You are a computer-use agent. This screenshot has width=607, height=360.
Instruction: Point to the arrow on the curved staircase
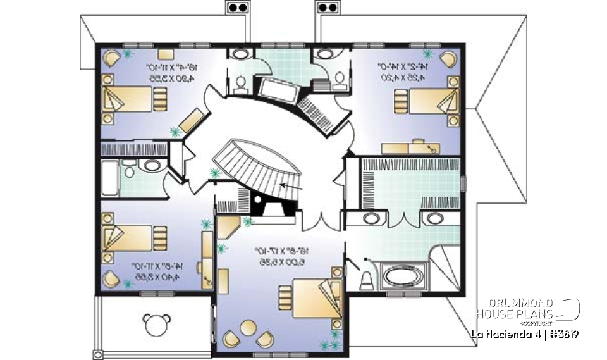point(283,185)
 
